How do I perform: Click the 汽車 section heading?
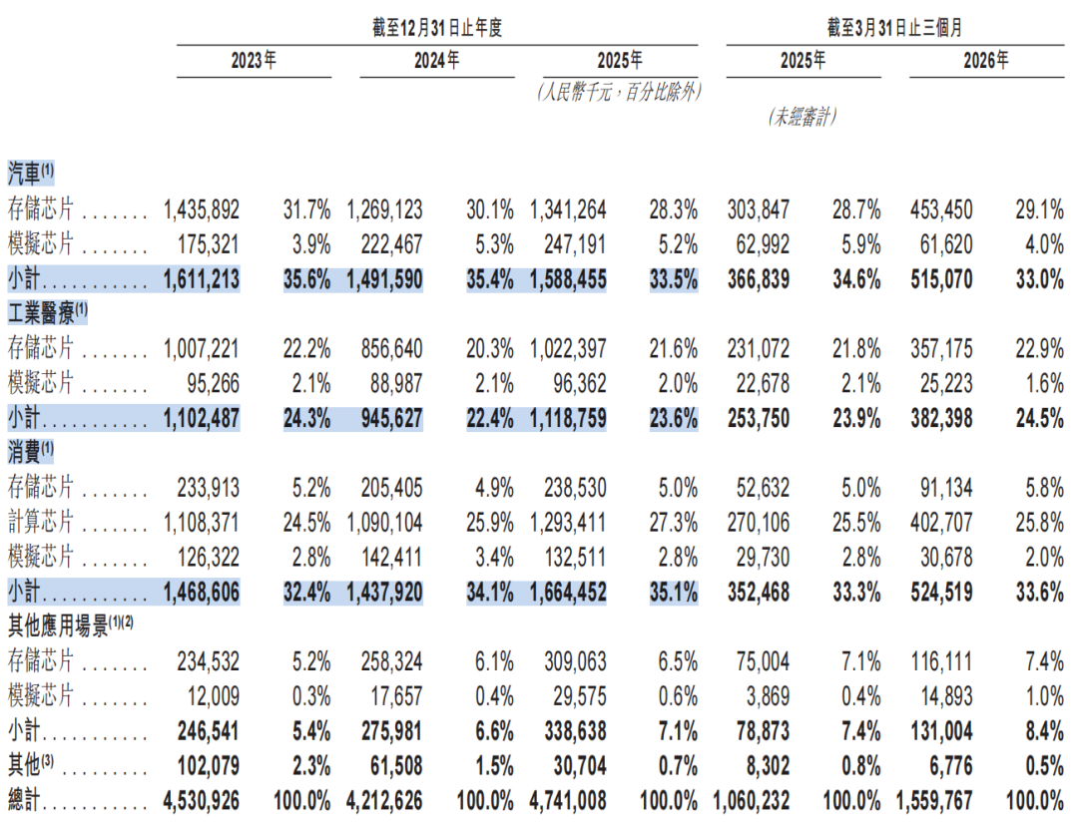[x=25, y=174]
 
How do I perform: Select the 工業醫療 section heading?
[x=41, y=313]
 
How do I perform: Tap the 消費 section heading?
[x=25, y=452]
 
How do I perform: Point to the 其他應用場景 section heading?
[x=58, y=625]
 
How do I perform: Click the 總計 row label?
[x=24, y=800]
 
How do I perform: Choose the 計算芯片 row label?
[x=41, y=522]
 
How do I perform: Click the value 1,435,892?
[x=202, y=209]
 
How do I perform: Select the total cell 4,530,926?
[x=202, y=801]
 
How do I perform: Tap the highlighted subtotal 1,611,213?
[x=202, y=279]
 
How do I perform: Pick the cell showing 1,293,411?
[x=568, y=523]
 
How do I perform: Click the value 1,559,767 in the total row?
[x=934, y=801]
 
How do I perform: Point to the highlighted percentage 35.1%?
[x=674, y=592]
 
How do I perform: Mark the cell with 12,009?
[x=214, y=696]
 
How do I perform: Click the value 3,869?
[x=768, y=696]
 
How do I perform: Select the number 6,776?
[x=951, y=765]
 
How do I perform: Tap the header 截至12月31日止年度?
[x=437, y=28]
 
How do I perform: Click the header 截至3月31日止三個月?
[x=895, y=28]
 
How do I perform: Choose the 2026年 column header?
[x=986, y=61]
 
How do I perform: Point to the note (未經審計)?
[x=803, y=117]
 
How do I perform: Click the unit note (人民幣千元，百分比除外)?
[x=620, y=92]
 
